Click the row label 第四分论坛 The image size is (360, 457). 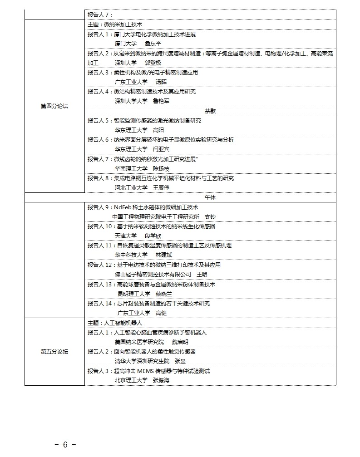(x=54, y=106)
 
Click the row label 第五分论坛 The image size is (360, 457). (x=54, y=351)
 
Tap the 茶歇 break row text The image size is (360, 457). (x=210, y=111)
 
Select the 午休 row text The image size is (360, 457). (x=210, y=197)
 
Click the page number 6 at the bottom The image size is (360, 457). (x=65, y=444)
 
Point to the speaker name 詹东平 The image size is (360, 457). (x=153, y=44)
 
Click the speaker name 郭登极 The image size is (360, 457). (x=153, y=63)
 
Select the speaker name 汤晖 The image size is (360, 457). (x=161, y=82)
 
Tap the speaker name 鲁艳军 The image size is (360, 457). (x=161, y=101)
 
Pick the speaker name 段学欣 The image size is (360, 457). (x=153, y=236)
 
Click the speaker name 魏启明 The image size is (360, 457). (x=180, y=342)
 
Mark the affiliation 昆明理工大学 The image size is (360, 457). (x=131, y=294)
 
